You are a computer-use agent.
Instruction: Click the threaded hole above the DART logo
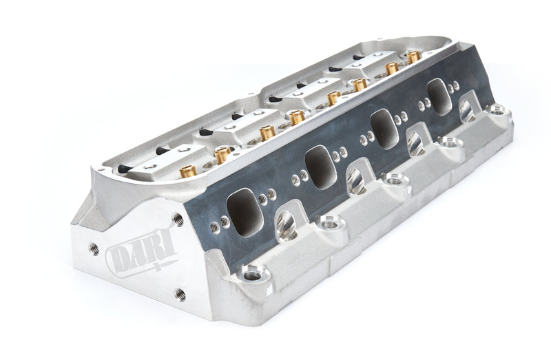click(178, 220)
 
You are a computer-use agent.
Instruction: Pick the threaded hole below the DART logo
click(180, 294)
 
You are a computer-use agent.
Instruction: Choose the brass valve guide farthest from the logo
click(414, 56)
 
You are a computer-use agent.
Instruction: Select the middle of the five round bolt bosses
click(396, 180)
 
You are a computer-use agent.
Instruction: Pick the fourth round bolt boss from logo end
click(451, 142)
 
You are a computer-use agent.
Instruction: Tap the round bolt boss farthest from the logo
click(497, 109)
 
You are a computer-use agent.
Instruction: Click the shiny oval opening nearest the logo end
click(286, 226)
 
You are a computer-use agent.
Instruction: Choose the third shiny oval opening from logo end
click(415, 142)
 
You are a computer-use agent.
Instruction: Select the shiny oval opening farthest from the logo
click(468, 110)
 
